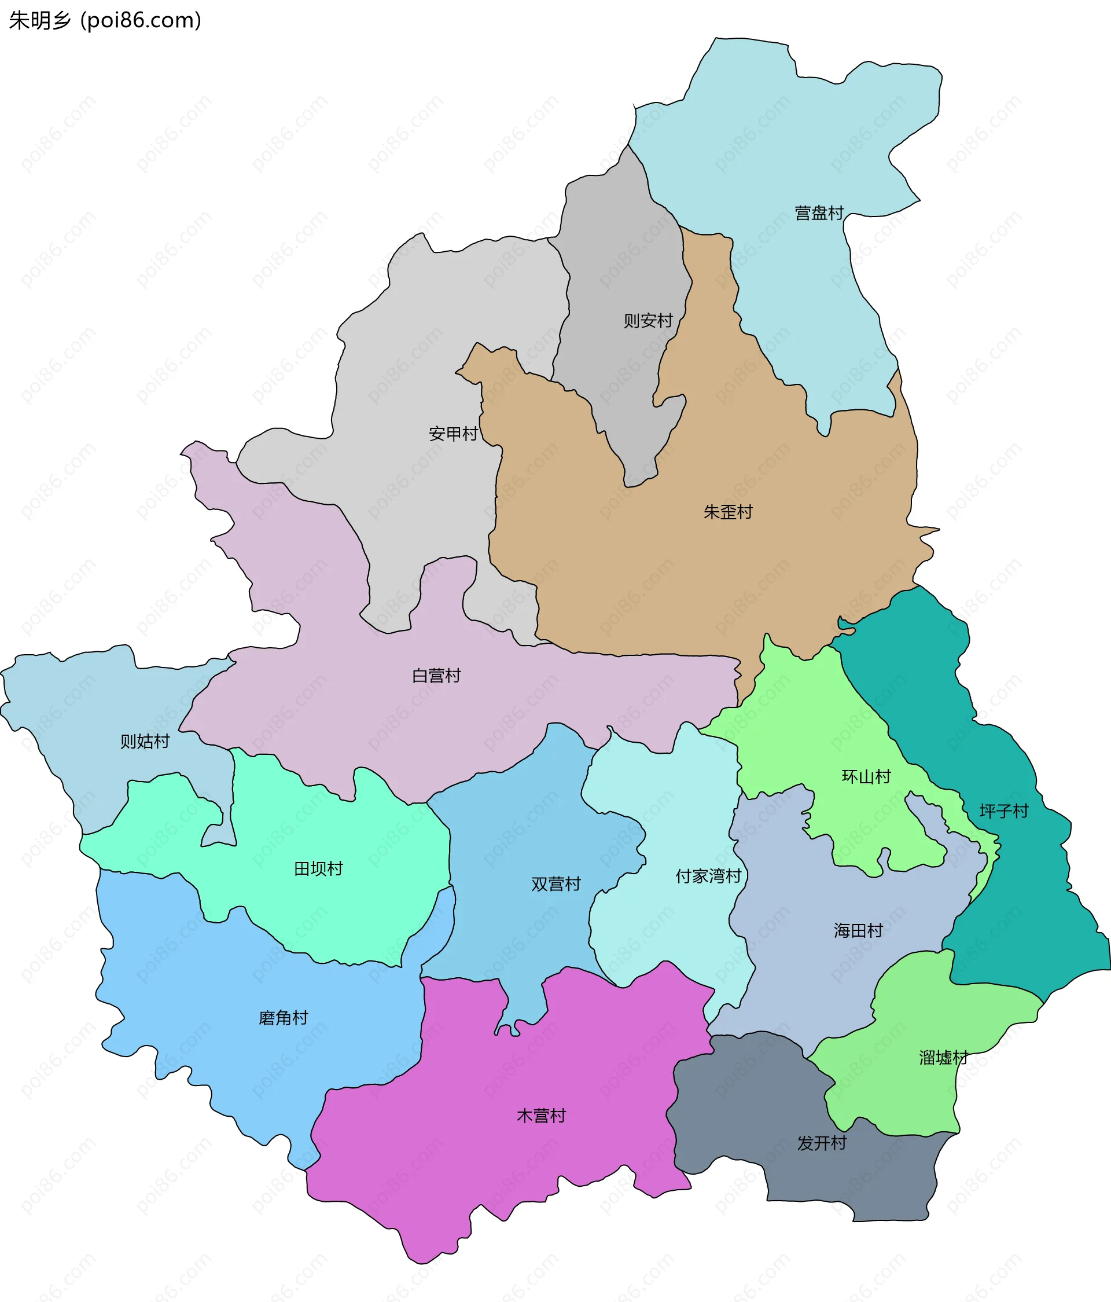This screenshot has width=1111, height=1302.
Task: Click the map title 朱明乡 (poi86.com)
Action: [x=105, y=21]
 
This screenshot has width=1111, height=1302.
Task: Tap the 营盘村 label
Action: [x=818, y=213]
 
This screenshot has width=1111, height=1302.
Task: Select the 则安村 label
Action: [x=648, y=321]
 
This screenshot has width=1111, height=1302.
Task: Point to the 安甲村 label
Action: [x=453, y=434]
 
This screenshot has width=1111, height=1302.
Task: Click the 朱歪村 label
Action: [x=727, y=512]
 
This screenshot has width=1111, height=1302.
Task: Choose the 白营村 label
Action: [x=436, y=676]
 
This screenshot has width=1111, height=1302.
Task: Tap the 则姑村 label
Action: [x=145, y=742]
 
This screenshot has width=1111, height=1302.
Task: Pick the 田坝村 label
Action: [x=318, y=868]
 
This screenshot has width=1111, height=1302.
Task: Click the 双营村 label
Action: [x=556, y=884]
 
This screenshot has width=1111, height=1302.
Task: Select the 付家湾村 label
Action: [x=708, y=876]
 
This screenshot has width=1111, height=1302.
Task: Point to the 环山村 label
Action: [x=866, y=777]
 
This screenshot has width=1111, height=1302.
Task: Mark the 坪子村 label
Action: [x=1003, y=811]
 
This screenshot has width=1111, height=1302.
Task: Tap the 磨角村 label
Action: [x=283, y=1017]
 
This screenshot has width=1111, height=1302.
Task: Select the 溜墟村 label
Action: [x=943, y=1058]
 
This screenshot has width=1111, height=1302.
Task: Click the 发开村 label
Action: [x=822, y=1143]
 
